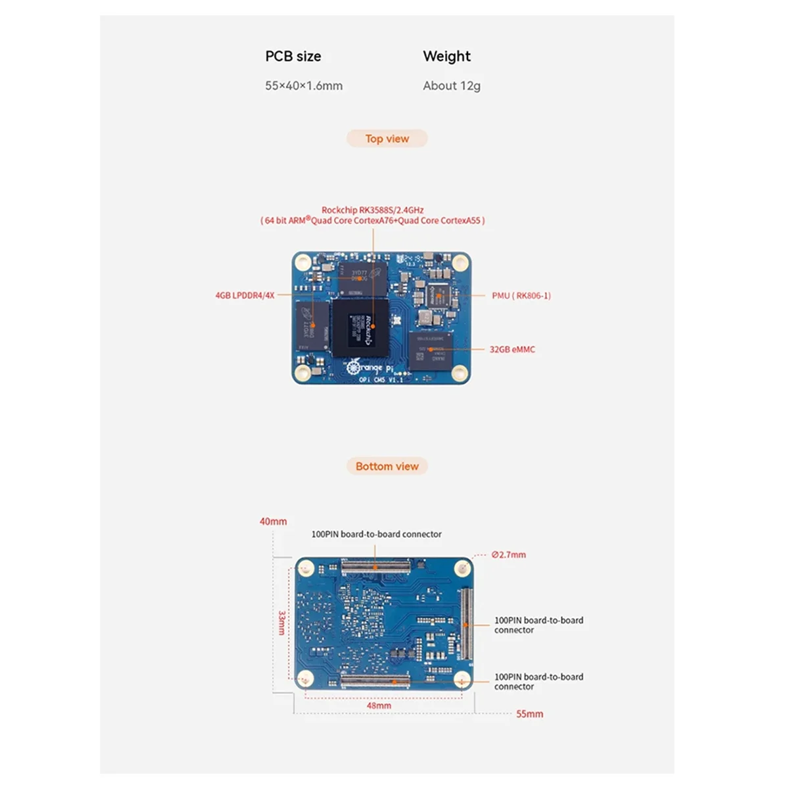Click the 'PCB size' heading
(x=293, y=57)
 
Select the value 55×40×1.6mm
(x=304, y=85)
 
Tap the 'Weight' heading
(x=446, y=57)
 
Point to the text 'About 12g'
(x=452, y=85)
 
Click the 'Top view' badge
(x=387, y=139)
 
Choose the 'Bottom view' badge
(x=387, y=466)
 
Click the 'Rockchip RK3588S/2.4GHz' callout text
(x=372, y=210)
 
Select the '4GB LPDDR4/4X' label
(x=245, y=296)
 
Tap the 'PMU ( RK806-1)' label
(x=521, y=296)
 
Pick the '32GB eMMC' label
(x=512, y=349)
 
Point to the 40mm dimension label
(x=273, y=521)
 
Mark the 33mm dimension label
(x=282, y=623)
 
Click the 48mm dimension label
(x=379, y=705)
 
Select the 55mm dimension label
(x=529, y=714)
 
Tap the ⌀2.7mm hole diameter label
(x=509, y=555)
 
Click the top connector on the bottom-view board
(x=375, y=565)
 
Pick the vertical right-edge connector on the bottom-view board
(x=466, y=624)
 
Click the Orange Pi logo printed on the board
(x=365, y=367)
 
